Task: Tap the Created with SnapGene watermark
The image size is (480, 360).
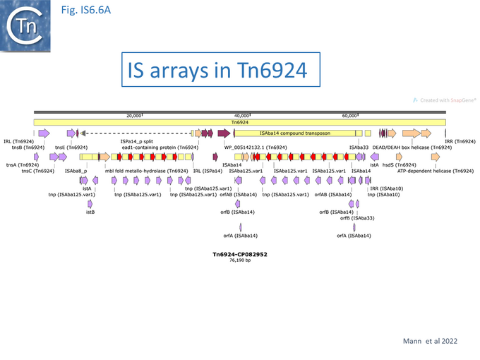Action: (445, 101)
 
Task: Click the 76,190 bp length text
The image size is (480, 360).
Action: (240, 260)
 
